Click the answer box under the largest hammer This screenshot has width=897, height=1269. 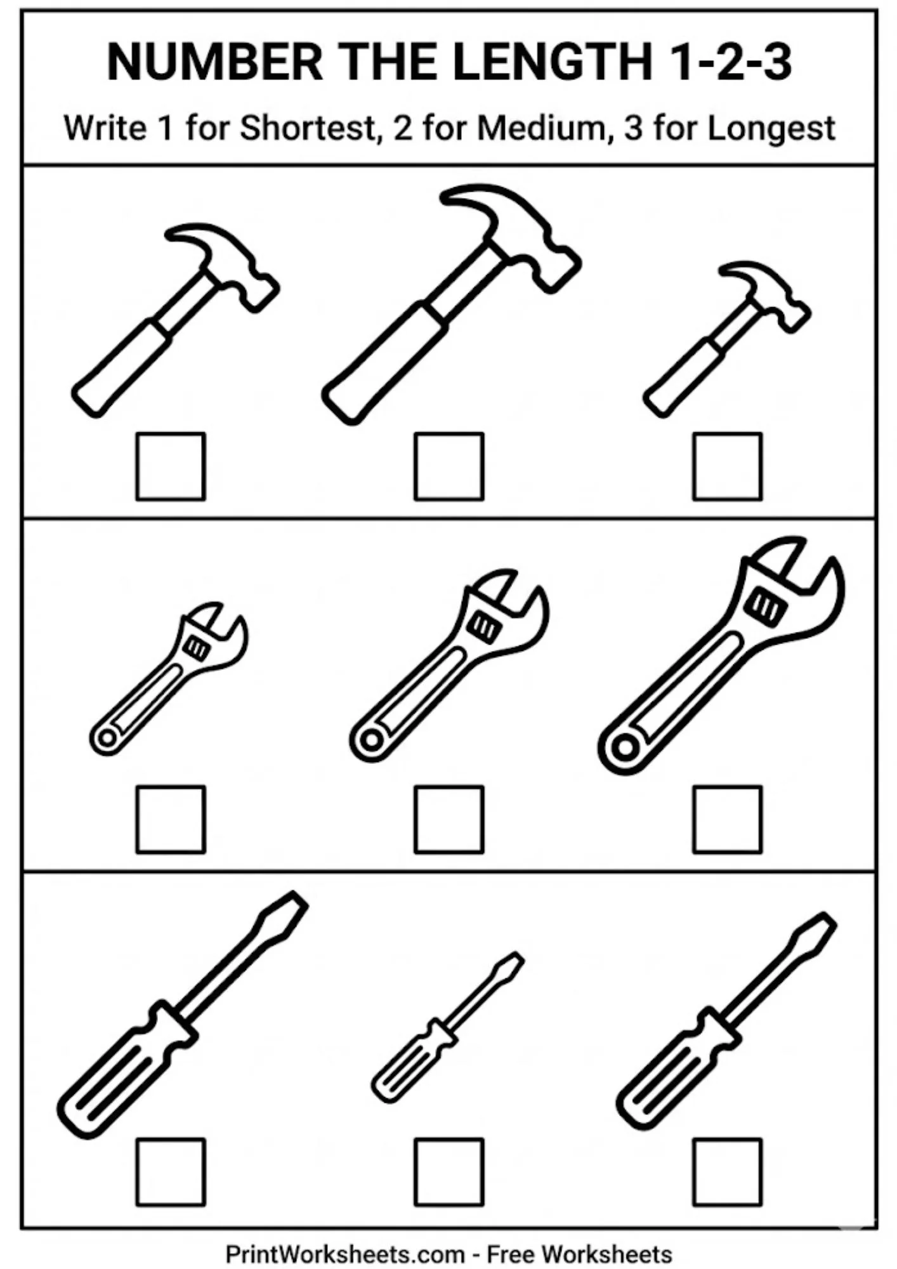click(x=448, y=466)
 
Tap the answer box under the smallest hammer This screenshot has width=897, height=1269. click(x=727, y=466)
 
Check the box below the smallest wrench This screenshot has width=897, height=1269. click(x=171, y=819)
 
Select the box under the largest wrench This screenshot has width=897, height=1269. click(x=727, y=819)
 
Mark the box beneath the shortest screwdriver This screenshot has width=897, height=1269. click(x=448, y=1172)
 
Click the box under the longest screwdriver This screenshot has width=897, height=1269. click(x=171, y=1172)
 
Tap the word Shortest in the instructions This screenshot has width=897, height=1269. click(x=308, y=128)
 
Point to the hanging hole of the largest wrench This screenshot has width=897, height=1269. click(x=625, y=747)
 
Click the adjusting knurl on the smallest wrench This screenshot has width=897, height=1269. click(x=196, y=648)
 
